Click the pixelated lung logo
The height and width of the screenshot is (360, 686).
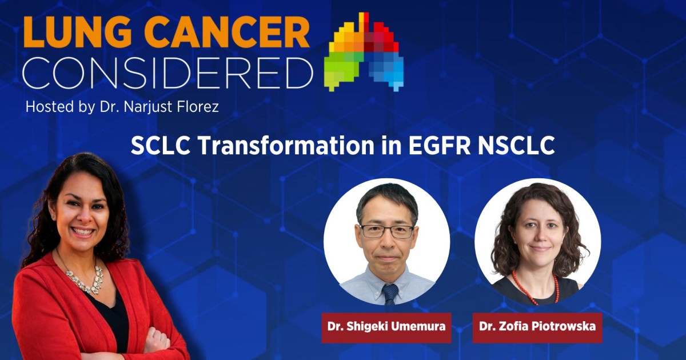[364, 51]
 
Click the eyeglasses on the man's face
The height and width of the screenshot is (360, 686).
[386, 231]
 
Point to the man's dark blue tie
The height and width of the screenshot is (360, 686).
[390, 294]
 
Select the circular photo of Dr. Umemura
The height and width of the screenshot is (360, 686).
[386, 243]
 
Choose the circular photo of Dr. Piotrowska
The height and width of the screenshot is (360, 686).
[537, 243]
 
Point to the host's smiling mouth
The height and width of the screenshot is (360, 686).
[83, 232]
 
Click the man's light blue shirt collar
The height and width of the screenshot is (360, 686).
[374, 281]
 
